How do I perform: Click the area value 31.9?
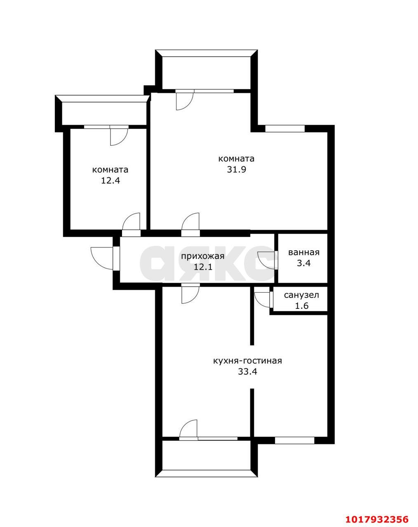(x=236, y=170)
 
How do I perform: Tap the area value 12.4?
(x=110, y=180)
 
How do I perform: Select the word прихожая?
(x=203, y=257)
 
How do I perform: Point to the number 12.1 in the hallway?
(x=203, y=267)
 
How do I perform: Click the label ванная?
(x=304, y=252)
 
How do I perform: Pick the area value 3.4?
(x=304, y=263)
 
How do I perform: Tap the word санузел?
(x=302, y=295)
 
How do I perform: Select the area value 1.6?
(x=302, y=306)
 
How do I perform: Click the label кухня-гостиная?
(x=247, y=361)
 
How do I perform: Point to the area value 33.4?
(x=247, y=372)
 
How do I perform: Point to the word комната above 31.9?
(x=236, y=159)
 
